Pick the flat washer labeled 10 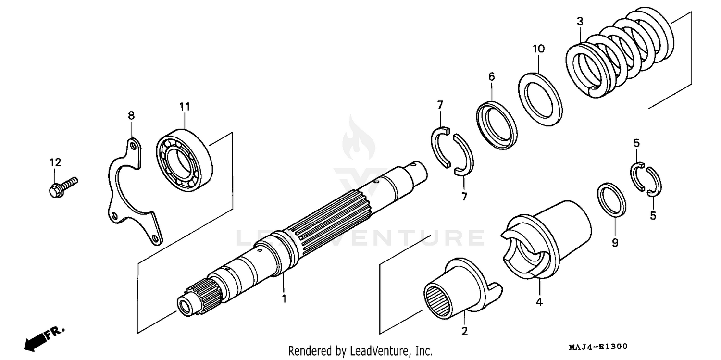pyautogui.click(x=541, y=99)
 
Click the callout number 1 pyautogui.click(x=284, y=298)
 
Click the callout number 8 pyautogui.click(x=131, y=115)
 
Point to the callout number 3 pyautogui.click(x=580, y=21)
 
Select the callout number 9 pyautogui.click(x=614, y=243)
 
